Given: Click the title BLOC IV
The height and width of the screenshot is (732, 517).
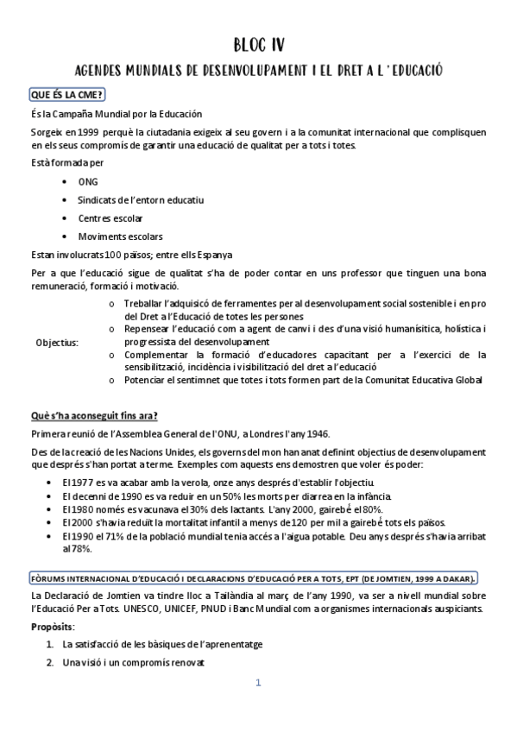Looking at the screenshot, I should click(x=259, y=44).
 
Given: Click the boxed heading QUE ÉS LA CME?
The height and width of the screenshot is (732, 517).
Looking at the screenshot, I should click(x=66, y=94).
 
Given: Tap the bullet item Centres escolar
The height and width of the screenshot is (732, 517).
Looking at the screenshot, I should click(x=110, y=218).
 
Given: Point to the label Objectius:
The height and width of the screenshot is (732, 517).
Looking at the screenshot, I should click(x=57, y=342).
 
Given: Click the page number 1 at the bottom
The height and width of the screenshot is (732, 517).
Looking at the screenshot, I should click(x=257, y=683).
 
